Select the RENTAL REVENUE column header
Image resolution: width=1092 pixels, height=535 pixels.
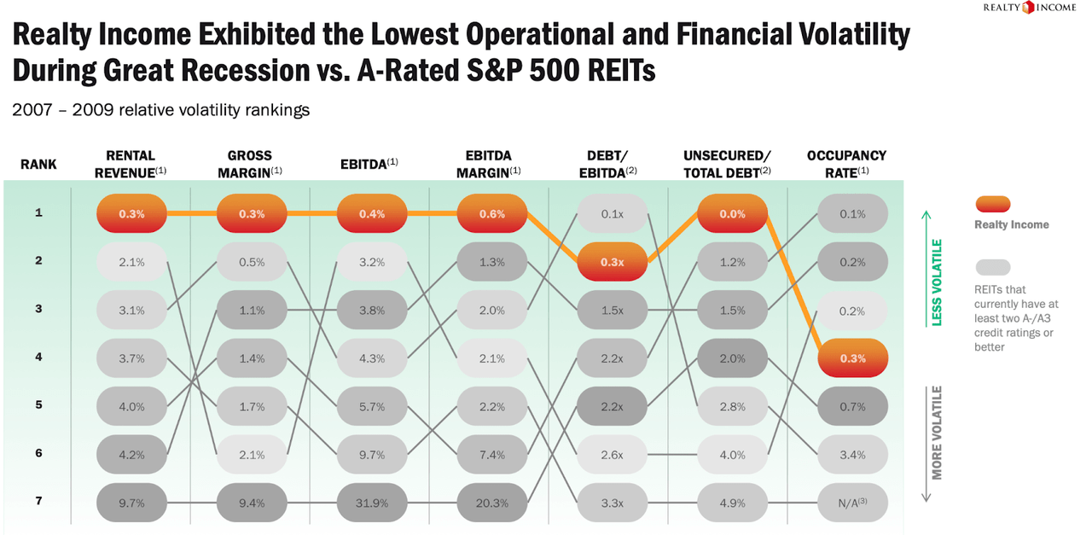(x=131, y=162)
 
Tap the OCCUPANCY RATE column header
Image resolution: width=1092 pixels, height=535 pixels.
(x=846, y=162)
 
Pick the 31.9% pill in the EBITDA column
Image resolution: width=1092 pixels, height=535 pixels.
(x=372, y=503)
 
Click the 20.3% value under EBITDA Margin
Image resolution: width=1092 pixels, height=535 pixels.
(x=491, y=503)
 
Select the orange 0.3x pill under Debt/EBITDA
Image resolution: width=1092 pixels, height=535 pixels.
(x=612, y=262)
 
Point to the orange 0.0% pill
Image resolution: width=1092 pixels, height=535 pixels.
(x=732, y=214)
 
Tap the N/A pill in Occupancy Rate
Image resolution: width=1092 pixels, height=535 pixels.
(x=851, y=503)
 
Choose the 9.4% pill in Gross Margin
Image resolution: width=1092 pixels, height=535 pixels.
(x=252, y=503)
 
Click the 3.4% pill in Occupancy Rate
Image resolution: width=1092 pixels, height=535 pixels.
(x=851, y=455)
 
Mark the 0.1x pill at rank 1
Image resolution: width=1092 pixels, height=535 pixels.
(x=612, y=214)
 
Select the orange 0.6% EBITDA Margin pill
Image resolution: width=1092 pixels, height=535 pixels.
(x=491, y=214)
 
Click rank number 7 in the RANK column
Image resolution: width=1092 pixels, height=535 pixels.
(x=38, y=502)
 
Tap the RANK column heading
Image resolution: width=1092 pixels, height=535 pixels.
(x=38, y=163)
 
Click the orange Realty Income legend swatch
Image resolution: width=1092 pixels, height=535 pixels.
(x=992, y=204)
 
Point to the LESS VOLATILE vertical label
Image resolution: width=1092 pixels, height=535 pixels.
(x=937, y=282)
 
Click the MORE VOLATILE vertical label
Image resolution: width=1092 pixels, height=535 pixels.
(x=937, y=433)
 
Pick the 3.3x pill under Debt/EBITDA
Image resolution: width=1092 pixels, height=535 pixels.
(x=612, y=503)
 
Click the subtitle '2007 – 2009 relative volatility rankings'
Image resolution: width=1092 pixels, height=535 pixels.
(x=160, y=110)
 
